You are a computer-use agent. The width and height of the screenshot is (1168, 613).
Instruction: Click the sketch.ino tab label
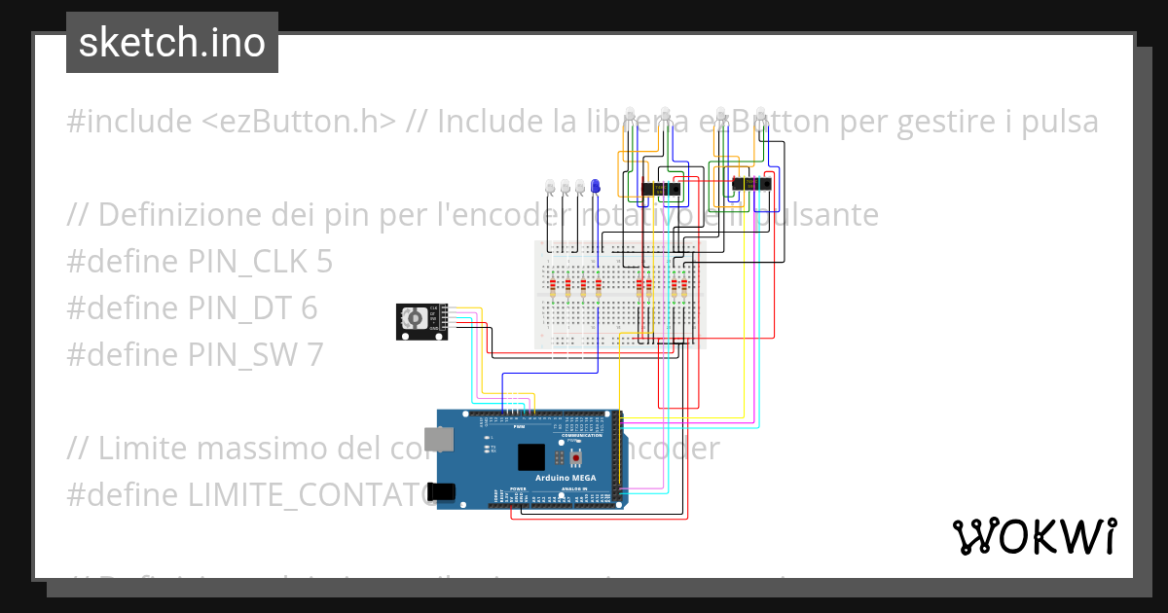172,43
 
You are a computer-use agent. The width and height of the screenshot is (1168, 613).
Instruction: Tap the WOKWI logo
1034,536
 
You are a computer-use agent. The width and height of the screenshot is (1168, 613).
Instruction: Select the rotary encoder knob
416,319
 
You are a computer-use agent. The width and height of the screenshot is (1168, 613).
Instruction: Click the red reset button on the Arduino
576,457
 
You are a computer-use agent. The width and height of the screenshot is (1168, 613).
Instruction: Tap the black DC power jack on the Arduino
442,492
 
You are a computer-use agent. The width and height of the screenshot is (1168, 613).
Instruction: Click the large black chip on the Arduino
531,458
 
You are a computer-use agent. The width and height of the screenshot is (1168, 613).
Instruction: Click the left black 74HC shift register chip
659,189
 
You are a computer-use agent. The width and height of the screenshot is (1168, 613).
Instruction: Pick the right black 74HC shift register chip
749,183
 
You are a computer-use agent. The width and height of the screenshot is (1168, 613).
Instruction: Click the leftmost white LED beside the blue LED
550,185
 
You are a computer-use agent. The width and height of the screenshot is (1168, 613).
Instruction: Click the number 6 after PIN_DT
309,308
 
